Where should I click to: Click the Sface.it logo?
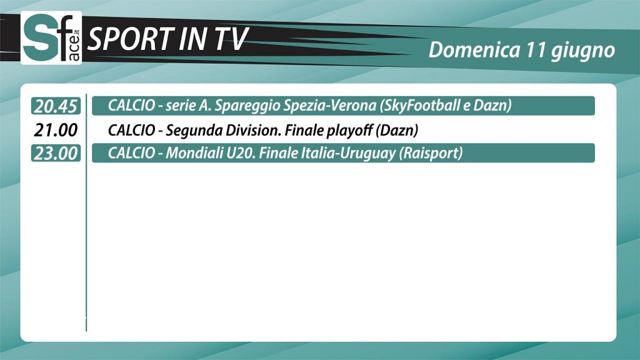pos(51,38)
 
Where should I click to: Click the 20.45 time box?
pos(56,106)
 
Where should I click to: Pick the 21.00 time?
pos(56,130)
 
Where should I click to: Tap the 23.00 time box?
pos(56,154)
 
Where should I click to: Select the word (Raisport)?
pos(431,154)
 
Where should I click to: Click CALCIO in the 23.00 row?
pos(131,153)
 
